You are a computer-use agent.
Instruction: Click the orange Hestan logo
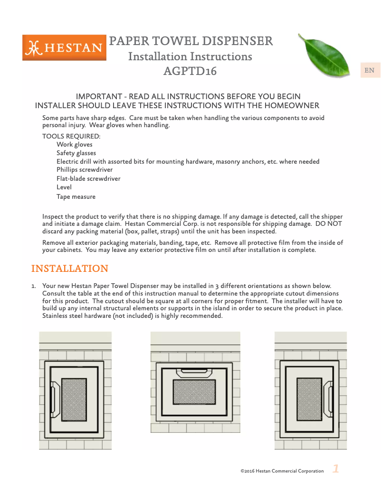coord(64,48)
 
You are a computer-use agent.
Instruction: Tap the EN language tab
coord(369,71)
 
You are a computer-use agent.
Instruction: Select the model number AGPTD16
coord(190,72)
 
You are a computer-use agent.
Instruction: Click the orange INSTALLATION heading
coord(69,269)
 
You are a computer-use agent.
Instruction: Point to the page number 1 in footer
coord(336,469)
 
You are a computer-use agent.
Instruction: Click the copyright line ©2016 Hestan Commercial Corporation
coord(282,471)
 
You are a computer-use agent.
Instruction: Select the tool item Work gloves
coord(75,145)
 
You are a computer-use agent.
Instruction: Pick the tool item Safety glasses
coord(76,153)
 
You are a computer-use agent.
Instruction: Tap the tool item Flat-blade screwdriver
coord(88,179)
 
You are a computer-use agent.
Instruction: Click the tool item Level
coord(64,187)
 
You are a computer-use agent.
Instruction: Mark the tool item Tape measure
coord(76,197)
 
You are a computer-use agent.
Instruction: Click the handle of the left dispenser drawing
coord(54,399)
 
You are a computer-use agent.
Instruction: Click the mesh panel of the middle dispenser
coord(195,392)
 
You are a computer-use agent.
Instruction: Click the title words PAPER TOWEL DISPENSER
coord(191,41)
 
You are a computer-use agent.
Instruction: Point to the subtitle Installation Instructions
coord(190,56)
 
